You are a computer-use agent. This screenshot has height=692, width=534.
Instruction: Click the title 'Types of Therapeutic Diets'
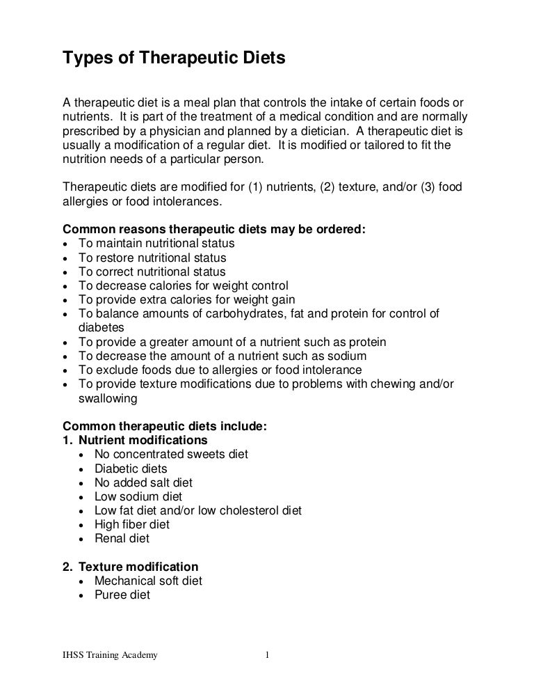pyautogui.click(x=174, y=60)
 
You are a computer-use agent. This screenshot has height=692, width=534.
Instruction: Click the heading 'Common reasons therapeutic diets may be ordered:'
pyautogui.click(x=213, y=230)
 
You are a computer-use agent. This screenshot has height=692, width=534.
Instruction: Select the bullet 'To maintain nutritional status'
pyautogui.click(x=156, y=244)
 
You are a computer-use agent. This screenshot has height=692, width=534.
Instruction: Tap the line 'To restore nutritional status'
pyautogui.click(x=152, y=258)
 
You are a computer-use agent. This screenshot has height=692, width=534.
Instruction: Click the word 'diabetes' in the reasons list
pyautogui.click(x=101, y=328)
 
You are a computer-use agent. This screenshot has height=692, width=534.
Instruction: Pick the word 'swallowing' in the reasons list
pyautogui.click(x=108, y=399)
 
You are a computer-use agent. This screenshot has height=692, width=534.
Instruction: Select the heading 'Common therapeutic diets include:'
pyautogui.click(x=164, y=427)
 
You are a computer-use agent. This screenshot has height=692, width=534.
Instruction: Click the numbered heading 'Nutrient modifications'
pyautogui.click(x=143, y=441)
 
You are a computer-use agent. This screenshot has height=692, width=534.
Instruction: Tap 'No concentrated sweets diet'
pyautogui.click(x=171, y=455)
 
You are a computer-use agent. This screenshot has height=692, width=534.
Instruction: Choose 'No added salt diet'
pyautogui.click(x=143, y=482)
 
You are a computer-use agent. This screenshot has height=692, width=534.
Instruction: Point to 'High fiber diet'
pyautogui.click(x=132, y=524)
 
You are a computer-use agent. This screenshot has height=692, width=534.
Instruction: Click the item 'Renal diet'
pyautogui.click(x=122, y=538)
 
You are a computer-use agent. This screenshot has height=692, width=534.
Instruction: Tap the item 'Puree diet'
pyautogui.click(x=122, y=595)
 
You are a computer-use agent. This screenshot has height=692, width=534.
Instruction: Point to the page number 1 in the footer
pyautogui.click(x=267, y=655)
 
